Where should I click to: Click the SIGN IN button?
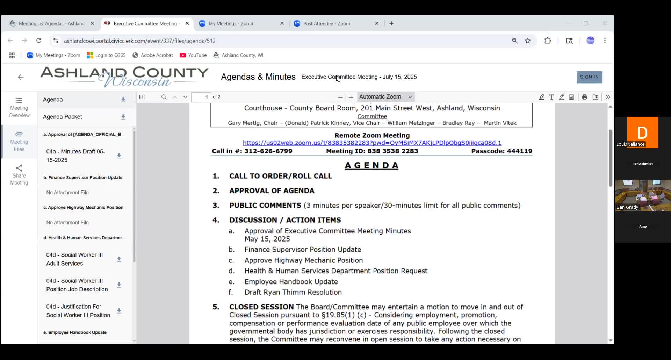[589, 77]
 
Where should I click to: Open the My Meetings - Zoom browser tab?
[231, 23]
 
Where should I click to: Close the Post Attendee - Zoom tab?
[377, 23]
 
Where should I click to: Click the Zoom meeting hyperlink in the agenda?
[372, 143]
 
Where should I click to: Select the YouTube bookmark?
[193, 55]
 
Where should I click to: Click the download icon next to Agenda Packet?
[123, 117]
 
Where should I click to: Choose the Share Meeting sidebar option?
[19, 175]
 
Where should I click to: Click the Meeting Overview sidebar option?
[19, 107]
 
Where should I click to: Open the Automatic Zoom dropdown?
[385, 97]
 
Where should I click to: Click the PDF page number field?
[201, 97]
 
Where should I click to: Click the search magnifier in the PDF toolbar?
[164, 97]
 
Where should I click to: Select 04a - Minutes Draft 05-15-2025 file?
[76, 156]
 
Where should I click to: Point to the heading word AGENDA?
[371, 165]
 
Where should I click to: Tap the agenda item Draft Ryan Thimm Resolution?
[293, 292]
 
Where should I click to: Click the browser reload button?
[39, 41]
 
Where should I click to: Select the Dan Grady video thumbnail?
[643, 195]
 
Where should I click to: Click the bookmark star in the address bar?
[528, 41]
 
